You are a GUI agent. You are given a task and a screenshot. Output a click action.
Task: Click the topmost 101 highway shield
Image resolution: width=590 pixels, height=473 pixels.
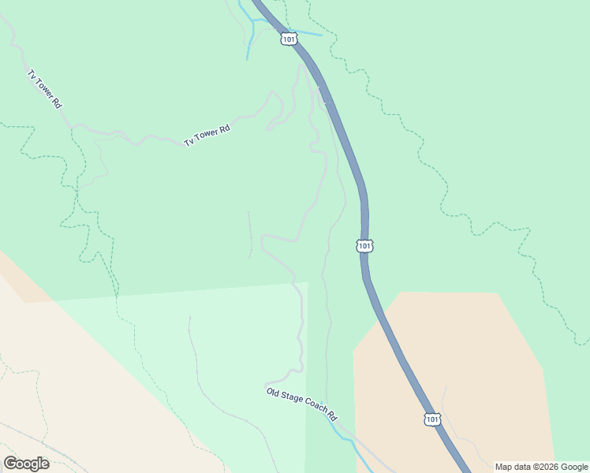click(288, 38)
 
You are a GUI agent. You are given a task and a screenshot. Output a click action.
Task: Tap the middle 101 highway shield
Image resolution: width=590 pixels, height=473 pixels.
click(363, 246)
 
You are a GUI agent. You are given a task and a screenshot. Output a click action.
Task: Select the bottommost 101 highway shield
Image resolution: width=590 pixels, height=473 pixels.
click(431, 419)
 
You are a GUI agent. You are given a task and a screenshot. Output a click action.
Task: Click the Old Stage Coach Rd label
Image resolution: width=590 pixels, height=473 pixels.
click(301, 404)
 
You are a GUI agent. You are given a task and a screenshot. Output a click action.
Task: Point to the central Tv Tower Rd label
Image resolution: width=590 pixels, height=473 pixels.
click(207, 136)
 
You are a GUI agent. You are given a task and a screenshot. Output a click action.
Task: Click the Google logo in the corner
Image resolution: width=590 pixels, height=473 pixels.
click(26, 463)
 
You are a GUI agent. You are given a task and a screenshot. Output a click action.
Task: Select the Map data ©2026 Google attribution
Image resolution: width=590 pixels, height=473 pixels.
click(541, 467)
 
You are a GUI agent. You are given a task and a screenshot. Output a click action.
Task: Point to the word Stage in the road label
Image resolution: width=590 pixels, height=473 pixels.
click(292, 399)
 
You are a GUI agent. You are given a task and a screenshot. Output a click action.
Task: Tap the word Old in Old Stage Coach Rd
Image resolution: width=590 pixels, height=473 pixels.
click(273, 391)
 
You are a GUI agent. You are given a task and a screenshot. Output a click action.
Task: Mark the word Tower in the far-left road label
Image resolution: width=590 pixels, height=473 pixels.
click(44, 88)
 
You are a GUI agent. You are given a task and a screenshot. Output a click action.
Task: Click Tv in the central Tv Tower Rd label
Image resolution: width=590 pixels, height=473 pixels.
click(189, 143)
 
